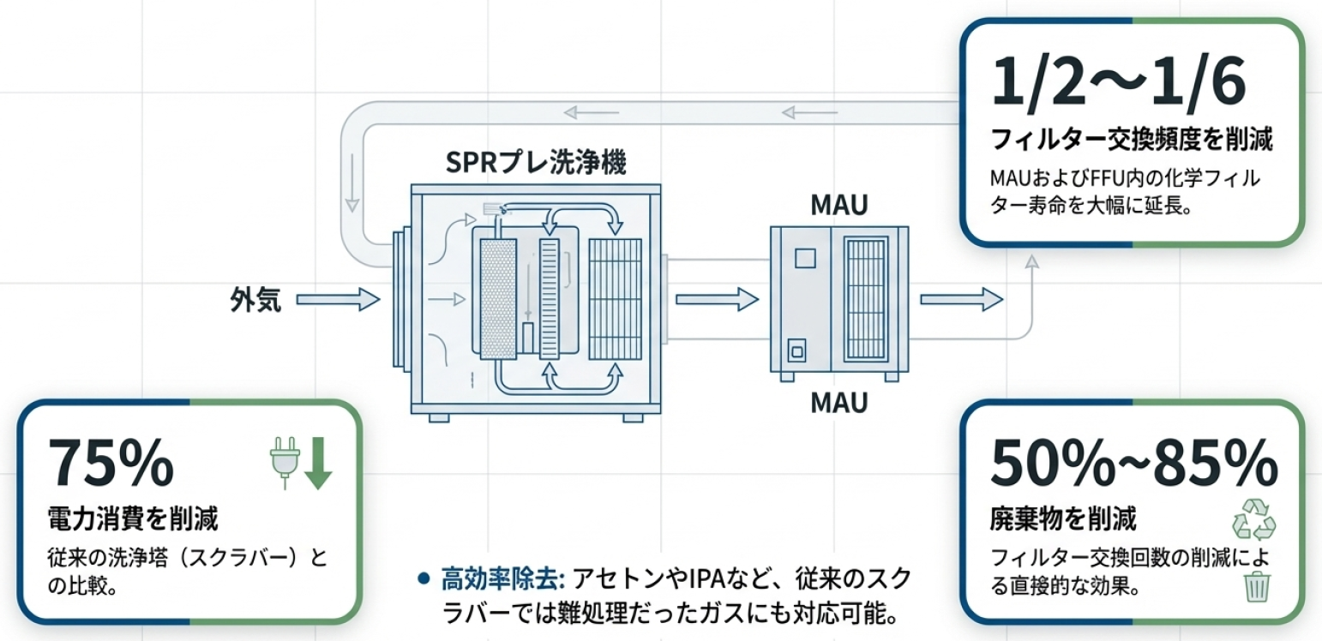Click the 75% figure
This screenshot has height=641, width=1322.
coord(111,464)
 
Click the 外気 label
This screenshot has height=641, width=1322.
coord(255,300)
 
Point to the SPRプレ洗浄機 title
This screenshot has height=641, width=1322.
coord(536,163)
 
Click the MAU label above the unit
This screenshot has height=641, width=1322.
coord(838,205)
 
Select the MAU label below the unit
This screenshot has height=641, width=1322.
coord(838,402)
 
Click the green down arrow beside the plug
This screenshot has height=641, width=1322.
coord(317,462)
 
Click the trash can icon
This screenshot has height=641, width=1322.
coord(1258,585)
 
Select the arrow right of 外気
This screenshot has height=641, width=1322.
coord(338,299)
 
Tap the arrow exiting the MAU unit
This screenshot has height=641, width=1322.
coord(961,299)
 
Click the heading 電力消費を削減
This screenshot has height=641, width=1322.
coord(133,518)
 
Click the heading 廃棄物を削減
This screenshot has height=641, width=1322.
coord(1063,518)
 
